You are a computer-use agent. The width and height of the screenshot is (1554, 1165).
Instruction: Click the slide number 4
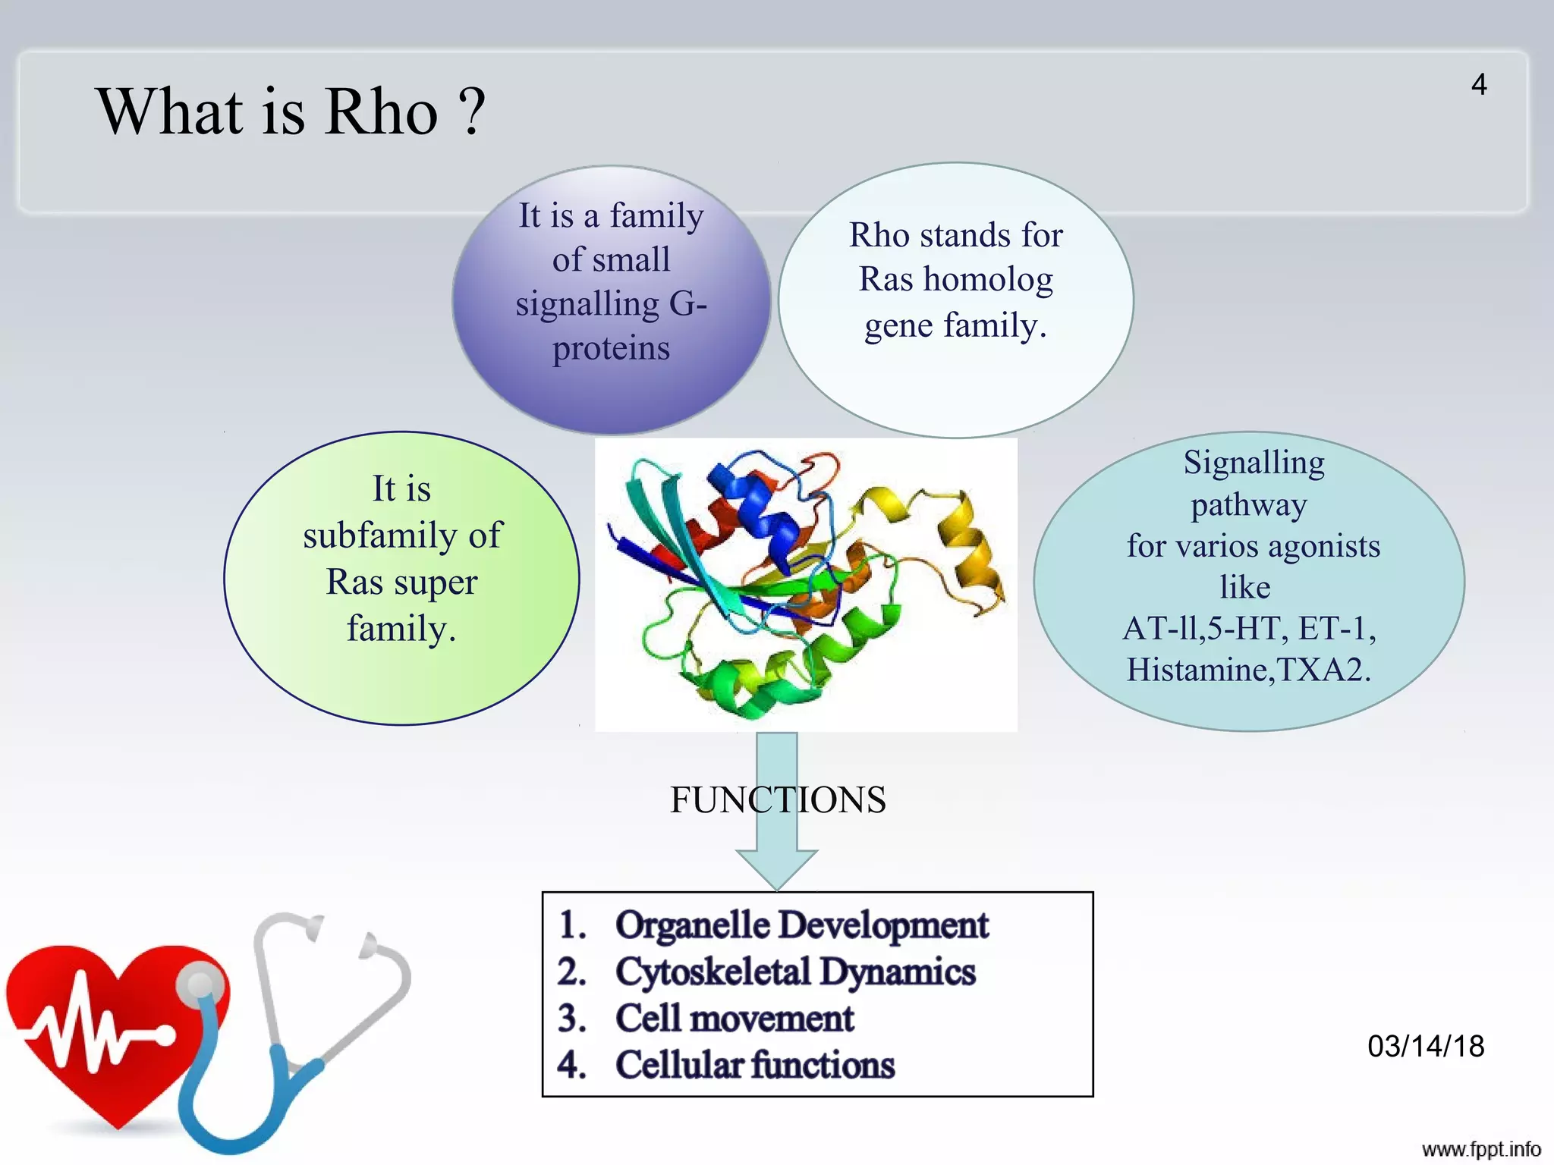(1478, 84)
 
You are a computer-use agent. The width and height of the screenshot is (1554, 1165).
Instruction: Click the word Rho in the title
(382, 112)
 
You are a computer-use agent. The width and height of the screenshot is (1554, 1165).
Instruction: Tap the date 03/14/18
(1425, 1046)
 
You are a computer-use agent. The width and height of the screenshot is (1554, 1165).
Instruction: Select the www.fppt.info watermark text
(1480, 1149)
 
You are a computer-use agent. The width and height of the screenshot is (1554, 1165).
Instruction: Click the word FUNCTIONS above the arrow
(777, 799)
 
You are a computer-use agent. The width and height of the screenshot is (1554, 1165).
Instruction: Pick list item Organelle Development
(801, 925)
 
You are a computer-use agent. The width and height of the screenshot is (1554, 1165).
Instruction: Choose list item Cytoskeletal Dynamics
(794, 972)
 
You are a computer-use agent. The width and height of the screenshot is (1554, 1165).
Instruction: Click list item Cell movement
(734, 1018)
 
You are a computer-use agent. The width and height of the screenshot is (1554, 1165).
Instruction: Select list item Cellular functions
(754, 1065)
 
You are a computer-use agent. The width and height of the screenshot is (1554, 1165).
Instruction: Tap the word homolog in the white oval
(987, 280)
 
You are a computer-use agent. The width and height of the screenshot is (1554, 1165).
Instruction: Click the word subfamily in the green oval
(380, 535)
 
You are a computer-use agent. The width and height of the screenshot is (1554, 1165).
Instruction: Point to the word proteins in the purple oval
(611, 348)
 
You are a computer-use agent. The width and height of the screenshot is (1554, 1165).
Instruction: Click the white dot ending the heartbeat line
(163, 1035)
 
